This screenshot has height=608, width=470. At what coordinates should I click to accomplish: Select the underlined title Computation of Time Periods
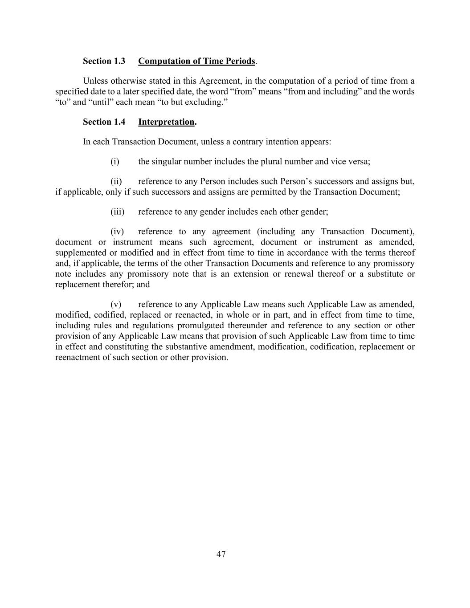point(196,61)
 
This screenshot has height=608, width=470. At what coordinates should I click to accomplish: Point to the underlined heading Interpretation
point(166,122)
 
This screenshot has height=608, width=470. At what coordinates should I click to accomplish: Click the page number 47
point(221,554)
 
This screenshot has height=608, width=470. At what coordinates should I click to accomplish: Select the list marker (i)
point(115,162)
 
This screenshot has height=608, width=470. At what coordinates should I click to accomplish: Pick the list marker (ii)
point(116,182)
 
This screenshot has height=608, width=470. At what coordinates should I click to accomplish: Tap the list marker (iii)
point(117,212)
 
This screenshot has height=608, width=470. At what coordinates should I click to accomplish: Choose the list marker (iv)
point(117,232)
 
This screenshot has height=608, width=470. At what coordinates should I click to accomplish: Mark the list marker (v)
point(116,305)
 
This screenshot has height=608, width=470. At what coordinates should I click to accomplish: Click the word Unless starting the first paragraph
point(95,81)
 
